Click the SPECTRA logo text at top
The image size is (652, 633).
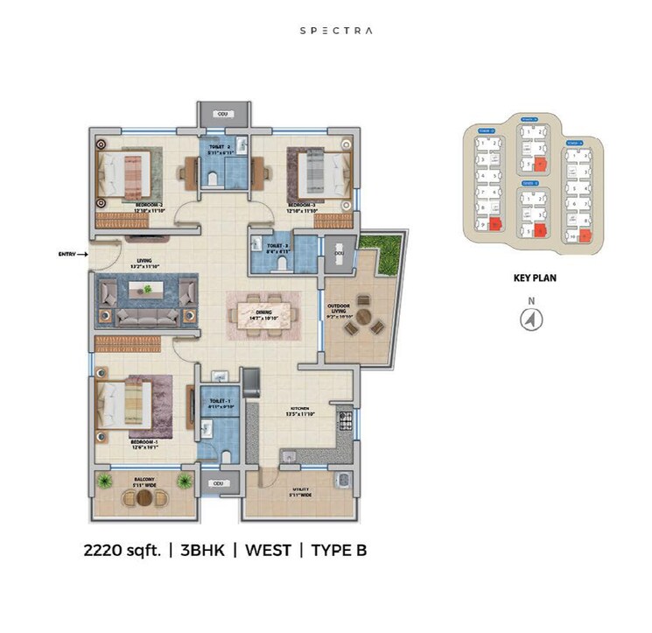pyautogui.click(x=336, y=30)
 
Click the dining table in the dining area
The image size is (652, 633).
pyautogui.click(x=263, y=309)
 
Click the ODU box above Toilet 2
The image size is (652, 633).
pyautogui.click(x=222, y=114)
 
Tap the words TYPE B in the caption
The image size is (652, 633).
pyautogui.click(x=335, y=551)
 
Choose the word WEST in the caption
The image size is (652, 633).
pyautogui.click(x=267, y=551)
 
